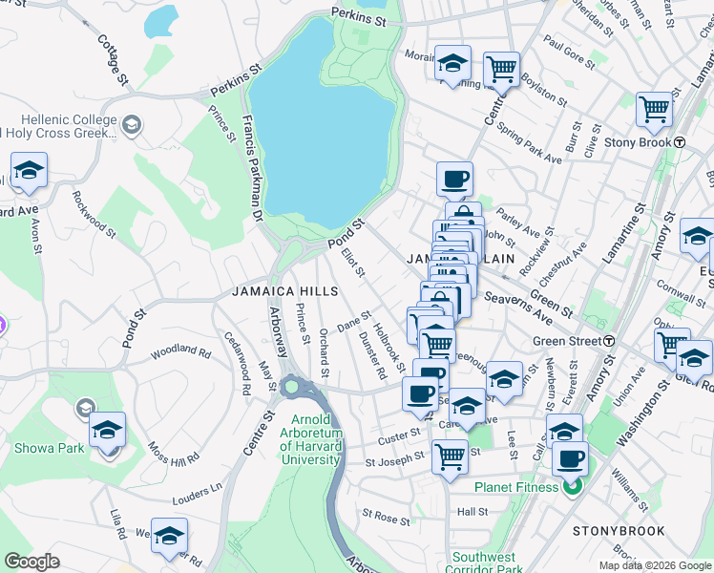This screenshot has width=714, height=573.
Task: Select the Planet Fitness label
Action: point(516,487)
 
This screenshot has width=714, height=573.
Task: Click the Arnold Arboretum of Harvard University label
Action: point(311,439)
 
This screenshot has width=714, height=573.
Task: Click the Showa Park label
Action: point(46,447)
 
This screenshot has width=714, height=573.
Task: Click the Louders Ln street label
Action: point(197,499)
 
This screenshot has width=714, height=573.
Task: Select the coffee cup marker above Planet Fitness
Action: point(571,459)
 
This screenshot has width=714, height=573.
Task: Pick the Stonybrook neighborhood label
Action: point(611,530)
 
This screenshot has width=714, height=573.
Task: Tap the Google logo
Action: point(32,562)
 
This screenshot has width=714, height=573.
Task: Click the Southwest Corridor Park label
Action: point(485,563)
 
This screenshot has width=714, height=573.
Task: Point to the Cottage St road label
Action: point(112,59)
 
